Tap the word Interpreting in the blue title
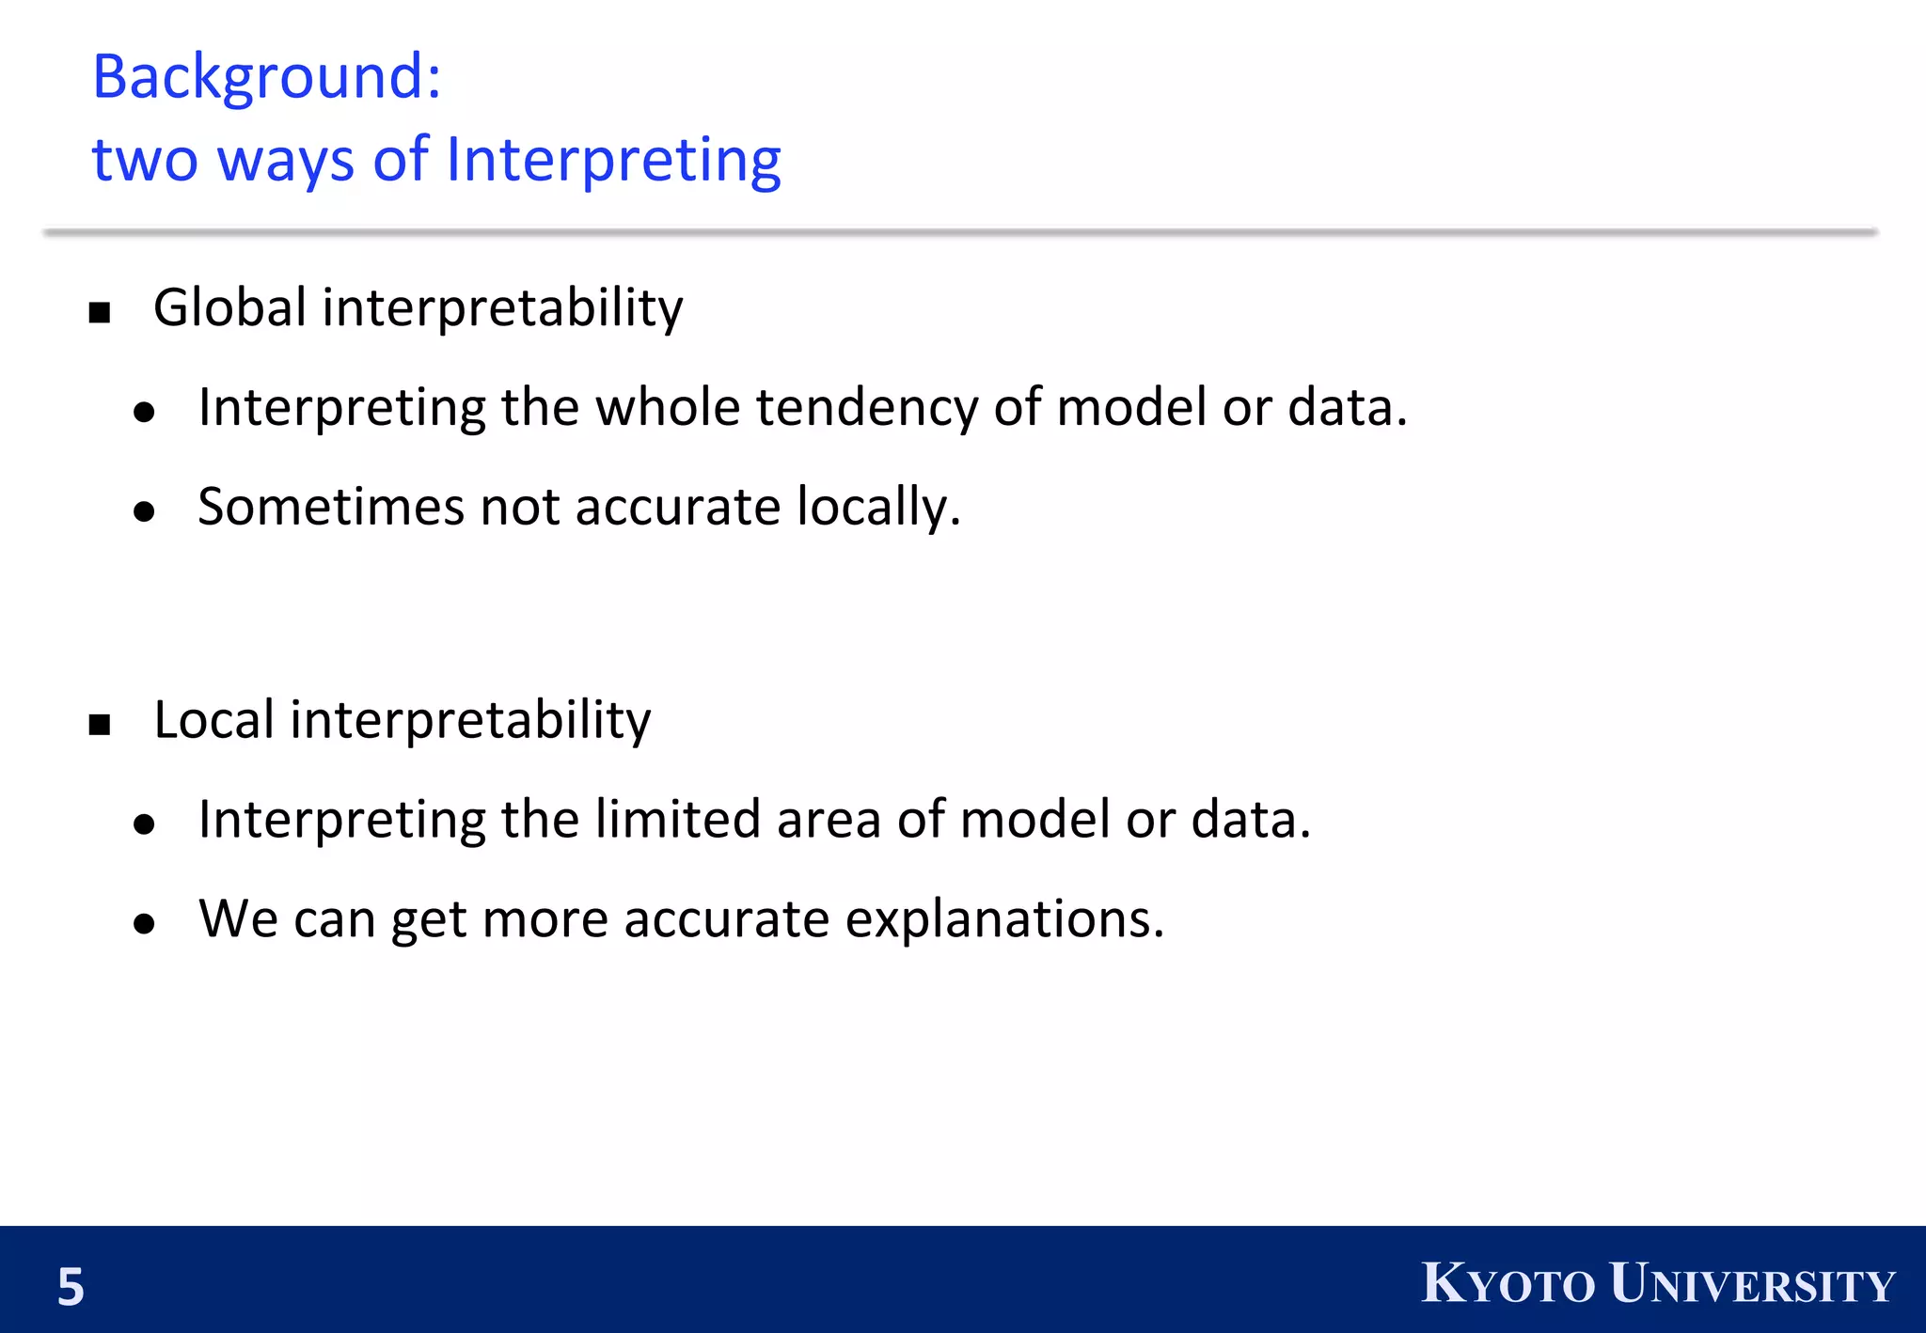[613, 160]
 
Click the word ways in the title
[286, 160]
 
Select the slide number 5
[71, 1287]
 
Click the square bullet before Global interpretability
[100, 312]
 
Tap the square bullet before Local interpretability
[100, 725]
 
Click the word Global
[229, 307]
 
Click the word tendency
[866, 409]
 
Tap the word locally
[878, 509]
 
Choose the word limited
[677, 819]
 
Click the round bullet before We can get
[144, 924]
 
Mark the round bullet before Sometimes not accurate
[144, 511]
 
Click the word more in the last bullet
[545, 920]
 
